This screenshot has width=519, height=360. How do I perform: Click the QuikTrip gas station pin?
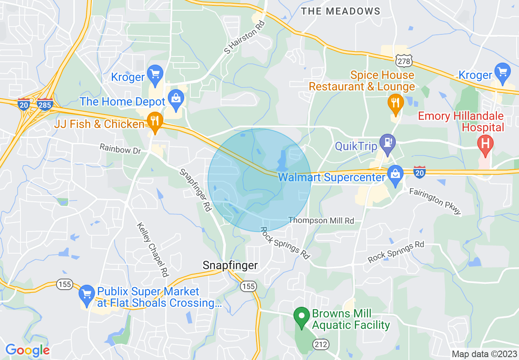coord(387,143)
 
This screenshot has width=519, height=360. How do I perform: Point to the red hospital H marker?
coord(485,144)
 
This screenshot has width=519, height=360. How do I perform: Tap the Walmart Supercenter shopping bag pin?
coord(395,175)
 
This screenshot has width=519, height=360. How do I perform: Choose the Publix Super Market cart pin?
coord(86,295)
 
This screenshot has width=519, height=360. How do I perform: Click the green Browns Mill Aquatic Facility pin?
coord(302,316)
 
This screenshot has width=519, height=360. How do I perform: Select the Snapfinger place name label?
coord(230,265)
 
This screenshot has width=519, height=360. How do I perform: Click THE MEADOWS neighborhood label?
coord(341,11)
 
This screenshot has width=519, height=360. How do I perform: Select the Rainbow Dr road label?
coord(120,148)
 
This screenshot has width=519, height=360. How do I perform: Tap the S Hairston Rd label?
coord(244,36)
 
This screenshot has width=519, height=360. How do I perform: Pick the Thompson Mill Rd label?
coord(321,220)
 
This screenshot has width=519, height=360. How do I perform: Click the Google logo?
coord(27,350)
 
